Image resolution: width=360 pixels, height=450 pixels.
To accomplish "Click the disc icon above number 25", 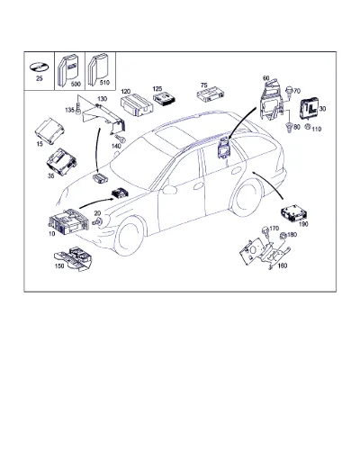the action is [x=39, y=67].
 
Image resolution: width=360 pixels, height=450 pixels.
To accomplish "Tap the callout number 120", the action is [x=126, y=91].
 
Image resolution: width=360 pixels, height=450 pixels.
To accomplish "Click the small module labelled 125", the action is [x=165, y=99].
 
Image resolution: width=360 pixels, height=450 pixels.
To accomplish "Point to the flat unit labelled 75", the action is [x=211, y=94].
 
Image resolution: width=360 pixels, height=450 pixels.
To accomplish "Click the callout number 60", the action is [x=266, y=78].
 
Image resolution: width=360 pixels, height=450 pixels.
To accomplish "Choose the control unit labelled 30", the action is [x=310, y=109].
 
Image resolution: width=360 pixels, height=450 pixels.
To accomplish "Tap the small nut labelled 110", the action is [x=308, y=127].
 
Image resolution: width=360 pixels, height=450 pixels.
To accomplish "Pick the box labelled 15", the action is [x=49, y=130].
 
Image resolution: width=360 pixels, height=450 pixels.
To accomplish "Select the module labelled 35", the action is [x=61, y=161].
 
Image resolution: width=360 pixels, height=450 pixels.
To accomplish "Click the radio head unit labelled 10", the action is [x=68, y=222].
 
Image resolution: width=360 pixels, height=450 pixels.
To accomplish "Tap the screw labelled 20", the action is [x=97, y=222].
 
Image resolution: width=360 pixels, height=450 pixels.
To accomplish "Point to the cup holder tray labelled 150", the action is [x=73, y=258].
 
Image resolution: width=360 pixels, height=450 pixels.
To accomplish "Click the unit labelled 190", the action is [x=294, y=212].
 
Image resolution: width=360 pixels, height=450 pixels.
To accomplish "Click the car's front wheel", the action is [x=130, y=237].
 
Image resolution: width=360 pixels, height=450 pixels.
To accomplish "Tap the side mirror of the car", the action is [x=169, y=190].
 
